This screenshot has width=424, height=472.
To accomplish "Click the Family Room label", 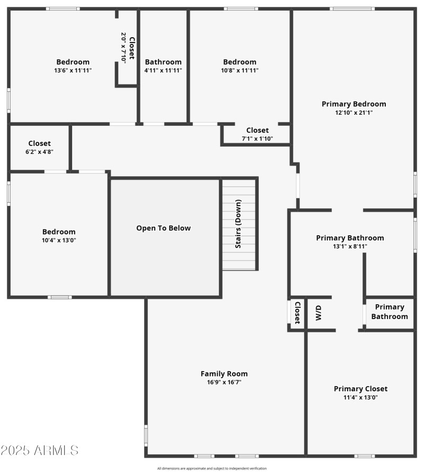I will coord(224,374).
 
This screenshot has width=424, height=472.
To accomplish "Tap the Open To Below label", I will coord(163,228).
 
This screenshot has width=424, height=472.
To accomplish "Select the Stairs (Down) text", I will coord(238,224).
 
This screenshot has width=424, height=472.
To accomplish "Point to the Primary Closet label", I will coord(360,389).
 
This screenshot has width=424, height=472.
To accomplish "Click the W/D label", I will coord(319,313).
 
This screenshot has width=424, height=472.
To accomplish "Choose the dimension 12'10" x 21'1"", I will coord(354,113).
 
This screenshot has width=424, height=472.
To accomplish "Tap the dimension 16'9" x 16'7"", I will coord(224,382).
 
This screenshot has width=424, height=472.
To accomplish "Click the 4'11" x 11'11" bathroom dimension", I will coord(163,70).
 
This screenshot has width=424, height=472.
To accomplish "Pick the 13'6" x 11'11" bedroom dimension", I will coord(73,70).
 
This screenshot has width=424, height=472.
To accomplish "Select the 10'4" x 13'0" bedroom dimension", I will coord(59,240).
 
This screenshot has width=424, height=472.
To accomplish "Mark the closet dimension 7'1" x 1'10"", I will coord(258,139).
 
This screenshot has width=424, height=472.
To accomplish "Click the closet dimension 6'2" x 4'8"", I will coord(39,152).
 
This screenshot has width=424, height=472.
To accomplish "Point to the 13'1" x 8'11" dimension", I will coord(350,246).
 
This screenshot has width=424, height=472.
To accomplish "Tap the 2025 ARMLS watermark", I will coord(40,451).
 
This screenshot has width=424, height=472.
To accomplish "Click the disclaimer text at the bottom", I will coord(212,468).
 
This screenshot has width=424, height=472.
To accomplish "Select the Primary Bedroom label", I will coord(354,104).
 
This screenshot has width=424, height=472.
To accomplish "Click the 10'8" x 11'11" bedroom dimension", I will coord(240,70).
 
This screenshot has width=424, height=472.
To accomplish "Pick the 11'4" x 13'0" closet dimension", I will coord(360,397).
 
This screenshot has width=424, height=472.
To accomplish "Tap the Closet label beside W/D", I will coord(297,313).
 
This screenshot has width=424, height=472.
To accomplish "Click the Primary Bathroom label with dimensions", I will coord(350,238).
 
